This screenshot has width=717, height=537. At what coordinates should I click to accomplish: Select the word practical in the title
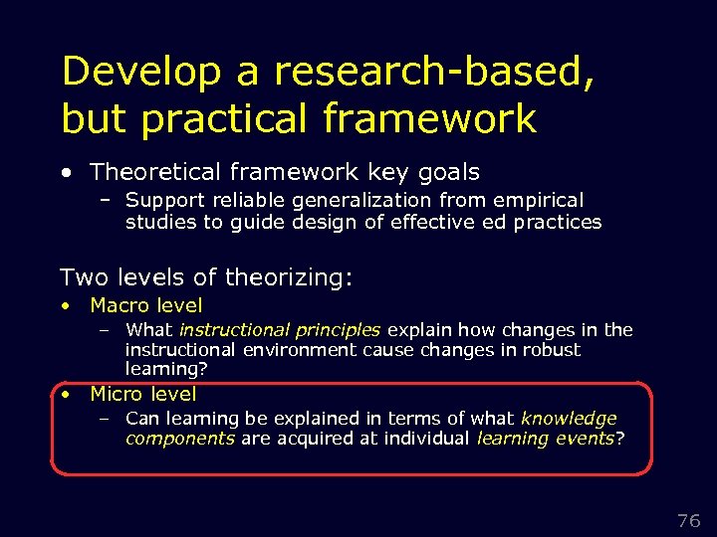228,119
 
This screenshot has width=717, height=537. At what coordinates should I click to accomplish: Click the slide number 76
688,521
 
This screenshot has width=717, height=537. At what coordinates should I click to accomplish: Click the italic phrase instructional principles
280,329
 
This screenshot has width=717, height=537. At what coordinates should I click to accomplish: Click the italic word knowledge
569,419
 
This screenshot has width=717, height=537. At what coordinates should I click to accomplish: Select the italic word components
180,439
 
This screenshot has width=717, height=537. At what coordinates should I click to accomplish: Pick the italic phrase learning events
546,439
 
